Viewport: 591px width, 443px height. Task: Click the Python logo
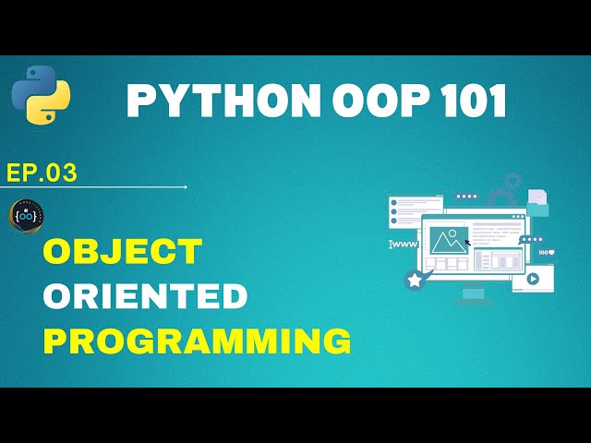(x=42, y=95)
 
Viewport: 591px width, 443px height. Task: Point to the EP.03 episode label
(x=42, y=173)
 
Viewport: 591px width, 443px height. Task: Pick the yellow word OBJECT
(x=122, y=251)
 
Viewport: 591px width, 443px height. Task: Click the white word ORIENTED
(x=145, y=296)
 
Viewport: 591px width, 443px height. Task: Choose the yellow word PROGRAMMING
(x=198, y=341)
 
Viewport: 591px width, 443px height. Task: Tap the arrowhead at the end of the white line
(x=186, y=187)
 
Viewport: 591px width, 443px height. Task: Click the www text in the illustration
(x=404, y=245)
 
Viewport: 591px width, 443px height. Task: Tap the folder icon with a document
(x=537, y=202)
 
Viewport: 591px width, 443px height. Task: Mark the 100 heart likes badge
(x=545, y=251)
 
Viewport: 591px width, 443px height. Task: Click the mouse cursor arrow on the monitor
(x=468, y=245)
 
